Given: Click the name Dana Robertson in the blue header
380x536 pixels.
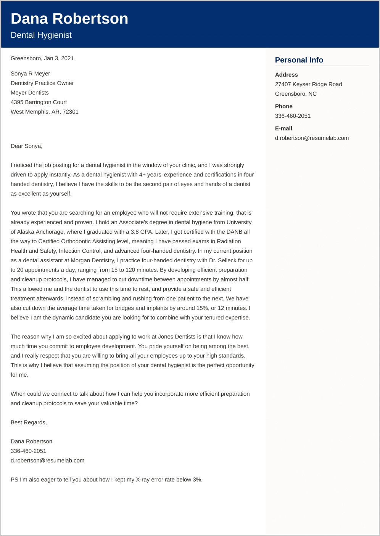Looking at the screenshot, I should pyautogui.click(x=69, y=19).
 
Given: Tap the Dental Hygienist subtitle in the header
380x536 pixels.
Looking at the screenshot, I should pyautogui.click(x=41, y=35).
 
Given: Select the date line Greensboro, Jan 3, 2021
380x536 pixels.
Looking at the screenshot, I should pyautogui.click(x=42, y=58).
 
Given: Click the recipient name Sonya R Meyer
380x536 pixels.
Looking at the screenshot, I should pyautogui.click(x=30, y=74).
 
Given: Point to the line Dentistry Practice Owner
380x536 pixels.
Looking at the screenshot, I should pyautogui.click(x=42, y=83).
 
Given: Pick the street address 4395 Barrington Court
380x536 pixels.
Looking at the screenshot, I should pyautogui.click(x=39, y=102).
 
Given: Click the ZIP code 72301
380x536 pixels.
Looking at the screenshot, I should pyautogui.click(x=71, y=112).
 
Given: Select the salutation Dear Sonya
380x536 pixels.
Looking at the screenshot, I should pyautogui.click(x=26, y=146).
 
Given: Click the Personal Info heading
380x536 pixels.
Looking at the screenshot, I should pyautogui.click(x=299, y=60).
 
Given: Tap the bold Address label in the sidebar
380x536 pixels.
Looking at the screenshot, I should pyautogui.click(x=286, y=75).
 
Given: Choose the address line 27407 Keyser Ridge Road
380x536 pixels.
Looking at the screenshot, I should pyautogui.click(x=308, y=84).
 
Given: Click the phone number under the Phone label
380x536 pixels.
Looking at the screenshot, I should pyautogui.click(x=293, y=116).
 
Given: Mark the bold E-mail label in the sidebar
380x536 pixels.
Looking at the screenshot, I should pyautogui.click(x=283, y=128).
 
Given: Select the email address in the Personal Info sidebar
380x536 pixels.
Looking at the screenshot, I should pyautogui.click(x=312, y=138).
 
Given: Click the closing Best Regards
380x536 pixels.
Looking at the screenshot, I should pyautogui.click(x=29, y=422).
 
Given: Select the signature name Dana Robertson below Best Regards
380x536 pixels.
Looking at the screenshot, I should pyautogui.click(x=31, y=441).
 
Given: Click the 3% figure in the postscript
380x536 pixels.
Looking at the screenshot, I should pyautogui.click(x=197, y=480).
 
